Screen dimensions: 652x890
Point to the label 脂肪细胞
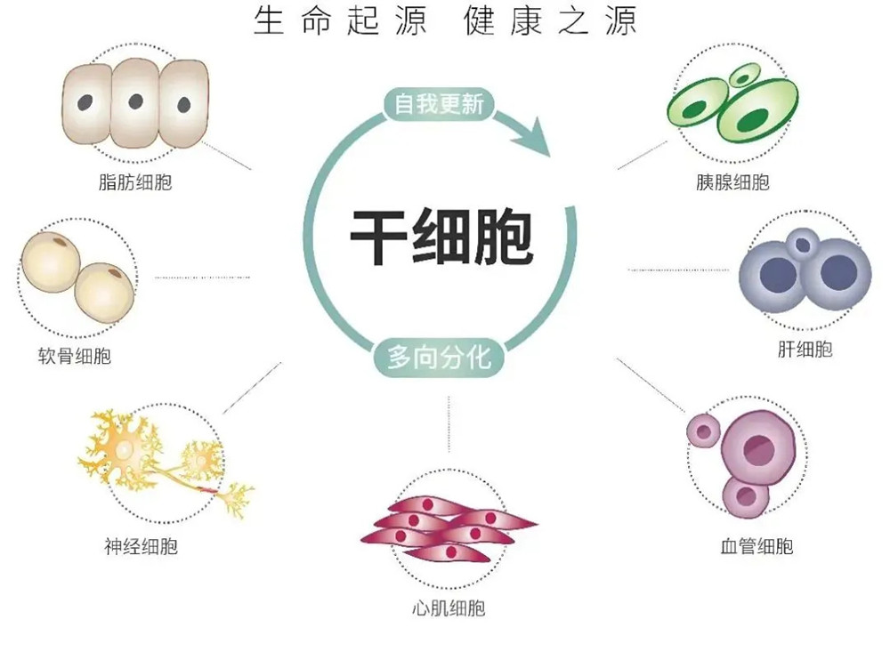click(135, 184)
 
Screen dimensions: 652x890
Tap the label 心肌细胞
click(449, 609)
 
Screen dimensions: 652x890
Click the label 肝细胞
click(805, 350)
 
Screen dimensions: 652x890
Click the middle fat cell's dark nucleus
click(135, 101)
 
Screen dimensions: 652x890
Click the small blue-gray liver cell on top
click(805, 243)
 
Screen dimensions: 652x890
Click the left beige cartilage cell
click(52, 261)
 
